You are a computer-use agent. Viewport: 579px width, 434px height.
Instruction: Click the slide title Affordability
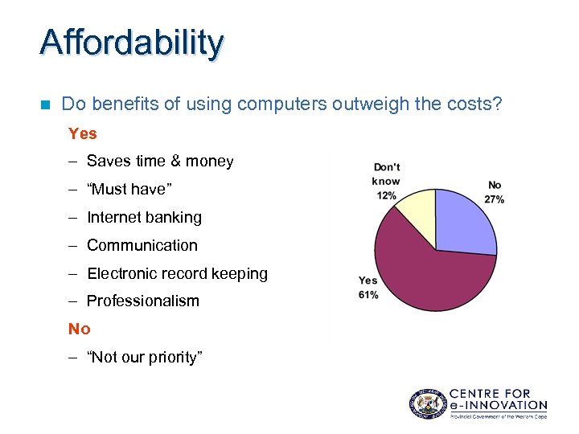click(132, 43)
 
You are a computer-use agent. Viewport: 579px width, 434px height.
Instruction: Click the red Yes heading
click(83, 133)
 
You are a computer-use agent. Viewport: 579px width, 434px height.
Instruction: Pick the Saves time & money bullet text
click(160, 162)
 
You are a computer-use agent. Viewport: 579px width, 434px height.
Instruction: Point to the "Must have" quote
click(129, 190)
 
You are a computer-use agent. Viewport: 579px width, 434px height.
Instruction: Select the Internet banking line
click(144, 218)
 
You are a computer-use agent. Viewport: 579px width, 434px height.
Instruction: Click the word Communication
click(142, 246)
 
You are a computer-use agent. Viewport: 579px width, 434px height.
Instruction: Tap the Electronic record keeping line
click(177, 274)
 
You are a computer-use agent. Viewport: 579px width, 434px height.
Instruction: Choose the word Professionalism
click(142, 301)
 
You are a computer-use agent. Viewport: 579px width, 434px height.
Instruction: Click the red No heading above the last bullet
click(80, 330)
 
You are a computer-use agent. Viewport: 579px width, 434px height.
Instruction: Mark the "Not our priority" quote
click(145, 358)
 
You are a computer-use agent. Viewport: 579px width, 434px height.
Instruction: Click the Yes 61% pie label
click(368, 288)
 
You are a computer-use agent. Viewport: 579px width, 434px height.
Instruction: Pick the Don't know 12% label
click(386, 181)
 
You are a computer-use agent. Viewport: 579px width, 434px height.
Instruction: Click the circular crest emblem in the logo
click(426, 403)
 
